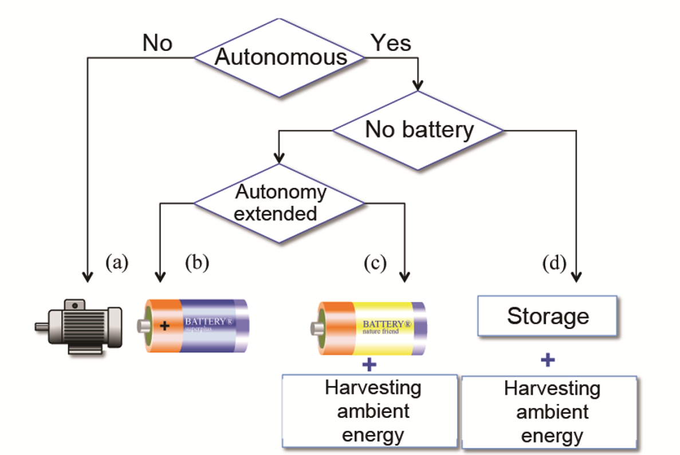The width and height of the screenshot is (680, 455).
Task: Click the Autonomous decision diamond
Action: click(x=279, y=57)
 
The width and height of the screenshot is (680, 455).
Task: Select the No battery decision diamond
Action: click(x=419, y=131)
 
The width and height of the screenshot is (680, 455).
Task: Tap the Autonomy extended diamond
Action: click(x=279, y=203)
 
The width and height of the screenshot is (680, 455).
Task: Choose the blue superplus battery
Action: click(x=194, y=325)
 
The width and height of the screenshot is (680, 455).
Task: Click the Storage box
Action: click(x=548, y=316)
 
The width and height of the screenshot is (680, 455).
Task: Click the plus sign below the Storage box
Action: click(x=548, y=360)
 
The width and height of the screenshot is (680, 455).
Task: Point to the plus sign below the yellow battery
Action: click(x=370, y=364)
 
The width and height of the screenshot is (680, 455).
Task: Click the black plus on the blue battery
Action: click(x=165, y=325)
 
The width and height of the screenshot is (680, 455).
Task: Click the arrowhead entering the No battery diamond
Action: click(x=419, y=86)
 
